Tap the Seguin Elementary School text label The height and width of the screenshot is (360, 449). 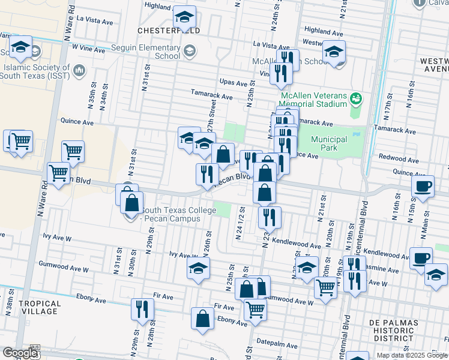146,52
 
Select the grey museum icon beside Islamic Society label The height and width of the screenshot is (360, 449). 79,72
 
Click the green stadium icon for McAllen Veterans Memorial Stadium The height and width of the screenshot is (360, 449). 356,97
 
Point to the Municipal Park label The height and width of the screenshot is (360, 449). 329,143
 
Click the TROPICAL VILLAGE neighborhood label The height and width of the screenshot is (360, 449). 40,307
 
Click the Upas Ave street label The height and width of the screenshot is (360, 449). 234,83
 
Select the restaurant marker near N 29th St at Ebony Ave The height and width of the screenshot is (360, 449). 142,308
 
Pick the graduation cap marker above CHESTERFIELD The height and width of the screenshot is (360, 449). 185,16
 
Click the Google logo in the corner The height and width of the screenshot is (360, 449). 20,353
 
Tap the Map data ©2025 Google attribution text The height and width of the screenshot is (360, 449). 412,355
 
